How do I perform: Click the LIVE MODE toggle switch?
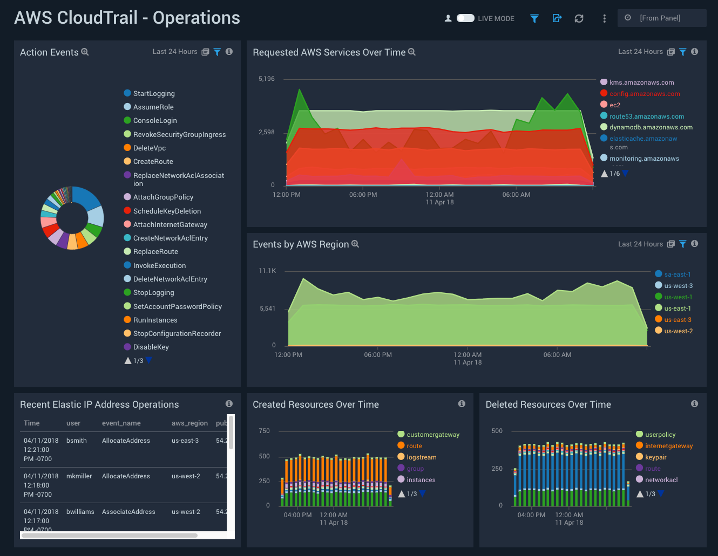pyautogui.click(x=465, y=18)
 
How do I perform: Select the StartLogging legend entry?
pyautogui.click(x=154, y=93)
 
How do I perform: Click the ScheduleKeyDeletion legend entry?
pyautogui.click(x=167, y=211)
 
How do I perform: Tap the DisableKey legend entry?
pyautogui.click(x=151, y=347)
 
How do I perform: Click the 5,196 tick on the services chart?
pyautogui.click(x=267, y=79)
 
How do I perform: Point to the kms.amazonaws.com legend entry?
pyautogui.click(x=641, y=83)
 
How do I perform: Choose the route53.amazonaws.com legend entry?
pyautogui.click(x=646, y=116)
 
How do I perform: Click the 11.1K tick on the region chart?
pyautogui.click(x=267, y=271)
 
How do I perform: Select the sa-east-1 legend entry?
pyautogui.click(x=677, y=274)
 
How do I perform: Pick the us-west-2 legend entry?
pyautogui.click(x=678, y=331)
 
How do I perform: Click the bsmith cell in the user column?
pyautogui.click(x=77, y=441)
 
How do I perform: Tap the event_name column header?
pyautogui.click(x=121, y=423)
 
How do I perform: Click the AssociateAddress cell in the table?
pyautogui.click(x=128, y=512)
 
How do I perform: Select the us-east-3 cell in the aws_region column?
pyautogui.click(x=185, y=441)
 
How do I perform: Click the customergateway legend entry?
pyautogui.click(x=432, y=435)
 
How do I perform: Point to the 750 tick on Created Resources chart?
pyautogui.click(x=265, y=431)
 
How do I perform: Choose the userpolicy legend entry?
pyautogui.click(x=660, y=435)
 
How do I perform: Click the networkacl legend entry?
pyautogui.click(x=661, y=480)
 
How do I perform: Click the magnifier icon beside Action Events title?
pyautogui.click(x=85, y=52)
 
